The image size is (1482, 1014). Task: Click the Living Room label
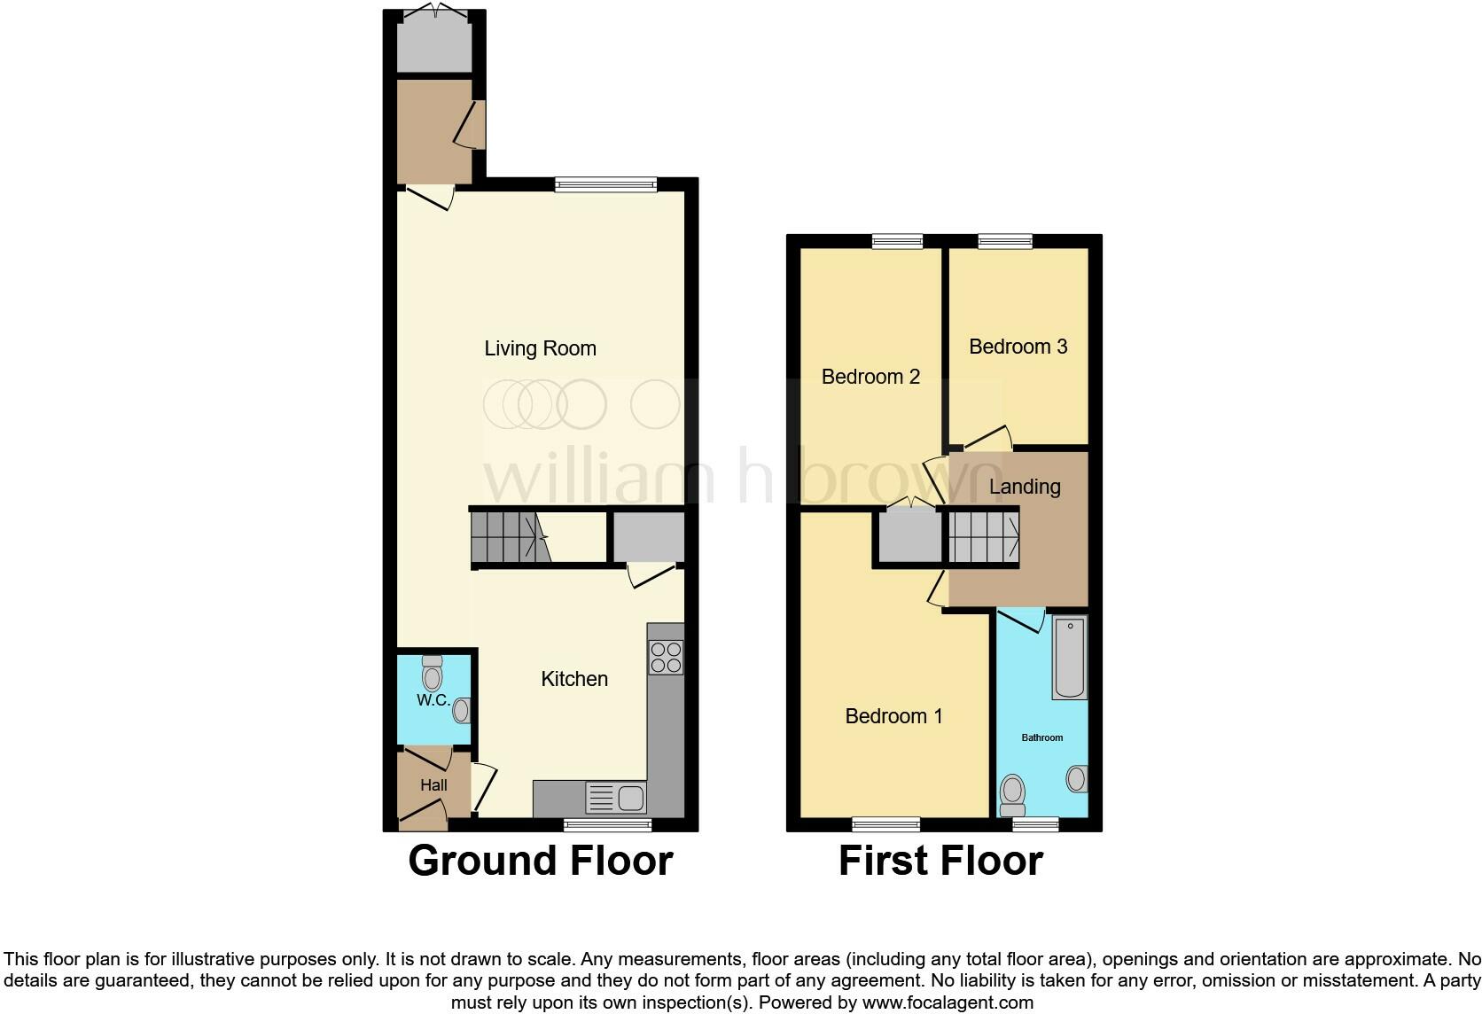click(540, 348)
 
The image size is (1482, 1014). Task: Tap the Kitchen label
click(574, 679)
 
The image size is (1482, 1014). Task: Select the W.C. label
click(433, 700)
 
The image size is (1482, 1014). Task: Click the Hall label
click(433, 784)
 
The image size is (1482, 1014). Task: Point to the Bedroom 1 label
click(893, 716)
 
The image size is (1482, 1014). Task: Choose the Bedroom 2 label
click(870, 377)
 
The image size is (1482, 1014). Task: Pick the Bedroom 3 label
click(1018, 347)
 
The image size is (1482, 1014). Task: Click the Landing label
click(1025, 487)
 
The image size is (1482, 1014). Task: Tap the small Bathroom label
click(1041, 737)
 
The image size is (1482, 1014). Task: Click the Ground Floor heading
click(540, 861)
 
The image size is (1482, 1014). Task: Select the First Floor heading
click(940, 861)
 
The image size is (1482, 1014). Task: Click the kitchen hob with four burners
click(666, 657)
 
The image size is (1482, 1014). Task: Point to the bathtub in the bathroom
click(1070, 658)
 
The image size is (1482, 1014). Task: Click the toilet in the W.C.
click(432, 675)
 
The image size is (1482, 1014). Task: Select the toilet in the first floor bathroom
click(1011, 794)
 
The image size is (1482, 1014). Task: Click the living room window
click(606, 184)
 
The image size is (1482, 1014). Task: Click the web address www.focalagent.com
click(948, 1002)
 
